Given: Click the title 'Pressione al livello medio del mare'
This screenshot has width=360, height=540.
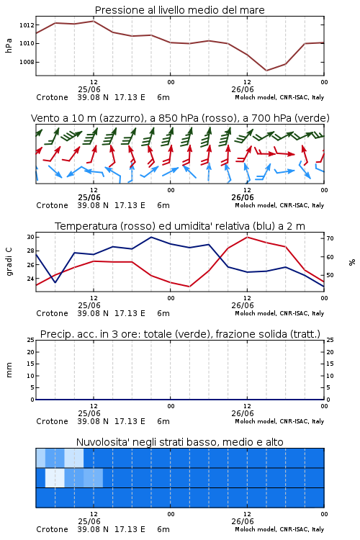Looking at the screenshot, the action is pyautogui.click(x=179, y=10).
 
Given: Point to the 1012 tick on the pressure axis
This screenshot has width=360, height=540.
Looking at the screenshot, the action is pyautogui.click(x=27, y=25).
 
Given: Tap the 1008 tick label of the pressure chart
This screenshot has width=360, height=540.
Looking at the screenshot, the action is pyautogui.click(x=27, y=63).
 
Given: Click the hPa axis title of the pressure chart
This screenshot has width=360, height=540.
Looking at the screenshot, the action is pyautogui.click(x=9, y=45).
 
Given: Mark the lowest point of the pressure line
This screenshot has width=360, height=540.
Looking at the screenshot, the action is pyautogui.click(x=266, y=71).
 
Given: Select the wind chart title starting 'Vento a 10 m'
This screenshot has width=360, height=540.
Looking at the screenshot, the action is pyautogui.click(x=180, y=118).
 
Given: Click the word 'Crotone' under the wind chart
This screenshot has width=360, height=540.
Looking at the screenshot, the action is pyautogui.click(x=52, y=205).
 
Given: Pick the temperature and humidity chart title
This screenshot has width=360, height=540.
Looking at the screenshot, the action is pyautogui.click(x=180, y=226).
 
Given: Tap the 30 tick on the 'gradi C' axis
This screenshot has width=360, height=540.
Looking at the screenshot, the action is pyautogui.click(x=31, y=237).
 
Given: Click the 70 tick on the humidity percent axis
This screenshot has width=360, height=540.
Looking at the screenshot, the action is pyautogui.click(x=330, y=238).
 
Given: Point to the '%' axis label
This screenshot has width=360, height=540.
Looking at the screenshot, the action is pyautogui.click(x=352, y=262).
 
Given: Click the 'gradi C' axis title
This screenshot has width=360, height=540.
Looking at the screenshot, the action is pyautogui.click(x=9, y=262).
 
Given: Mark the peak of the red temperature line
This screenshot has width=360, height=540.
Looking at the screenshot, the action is pyautogui.click(x=247, y=237).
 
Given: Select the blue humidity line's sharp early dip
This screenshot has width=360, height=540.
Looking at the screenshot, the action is pyautogui.click(x=55, y=282).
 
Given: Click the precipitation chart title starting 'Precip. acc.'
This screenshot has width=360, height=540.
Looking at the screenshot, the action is pyautogui.click(x=180, y=334).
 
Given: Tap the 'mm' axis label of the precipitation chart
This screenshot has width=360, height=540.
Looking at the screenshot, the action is pyautogui.click(x=9, y=370).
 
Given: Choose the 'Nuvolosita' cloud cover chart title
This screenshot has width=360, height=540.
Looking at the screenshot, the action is pyautogui.click(x=179, y=442).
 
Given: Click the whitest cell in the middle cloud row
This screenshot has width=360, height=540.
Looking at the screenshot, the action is pyautogui.click(x=55, y=477).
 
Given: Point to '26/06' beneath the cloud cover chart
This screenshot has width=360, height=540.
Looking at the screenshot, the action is pyautogui.click(x=243, y=521).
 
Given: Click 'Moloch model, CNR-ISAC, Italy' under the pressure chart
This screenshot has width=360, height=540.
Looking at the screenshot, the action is pyautogui.click(x=279, y=97).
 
